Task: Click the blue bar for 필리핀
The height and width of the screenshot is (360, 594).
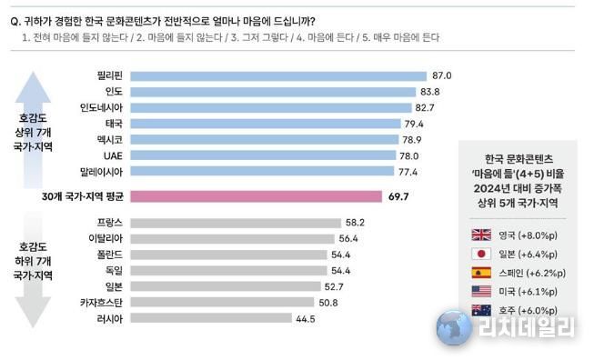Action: pyautogui.click(x=277, y=76)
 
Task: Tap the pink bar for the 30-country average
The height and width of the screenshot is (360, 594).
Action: pyautogui.click(x=256, y=195)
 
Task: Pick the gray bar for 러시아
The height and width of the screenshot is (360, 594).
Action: pyautogui.click(x=211, y=318)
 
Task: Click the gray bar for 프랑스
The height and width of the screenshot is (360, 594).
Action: pyautogui.click(x=233, y=222)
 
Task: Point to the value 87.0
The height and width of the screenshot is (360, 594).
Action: pyautogui.click(x=442, y=76)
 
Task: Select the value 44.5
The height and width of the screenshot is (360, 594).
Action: pyautogui.click(x=307, y=318)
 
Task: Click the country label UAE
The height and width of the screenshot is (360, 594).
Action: pyautogui.click(x=115, y=155)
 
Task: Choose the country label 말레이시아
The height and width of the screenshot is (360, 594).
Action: pyautogui.click(x=103, y=171)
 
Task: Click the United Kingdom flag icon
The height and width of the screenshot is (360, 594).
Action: pyautogui.click(x=479, y=234)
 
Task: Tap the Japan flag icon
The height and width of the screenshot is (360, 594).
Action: pyautogui.click(x=479, y=254)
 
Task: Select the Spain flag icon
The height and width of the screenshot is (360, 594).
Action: pyautogui.click(x=479, y=273)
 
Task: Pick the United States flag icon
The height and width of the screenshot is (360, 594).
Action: pyautogui.click(x=479, y=292)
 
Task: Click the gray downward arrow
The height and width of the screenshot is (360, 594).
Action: pyautogui.click(x=36, y=291)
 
